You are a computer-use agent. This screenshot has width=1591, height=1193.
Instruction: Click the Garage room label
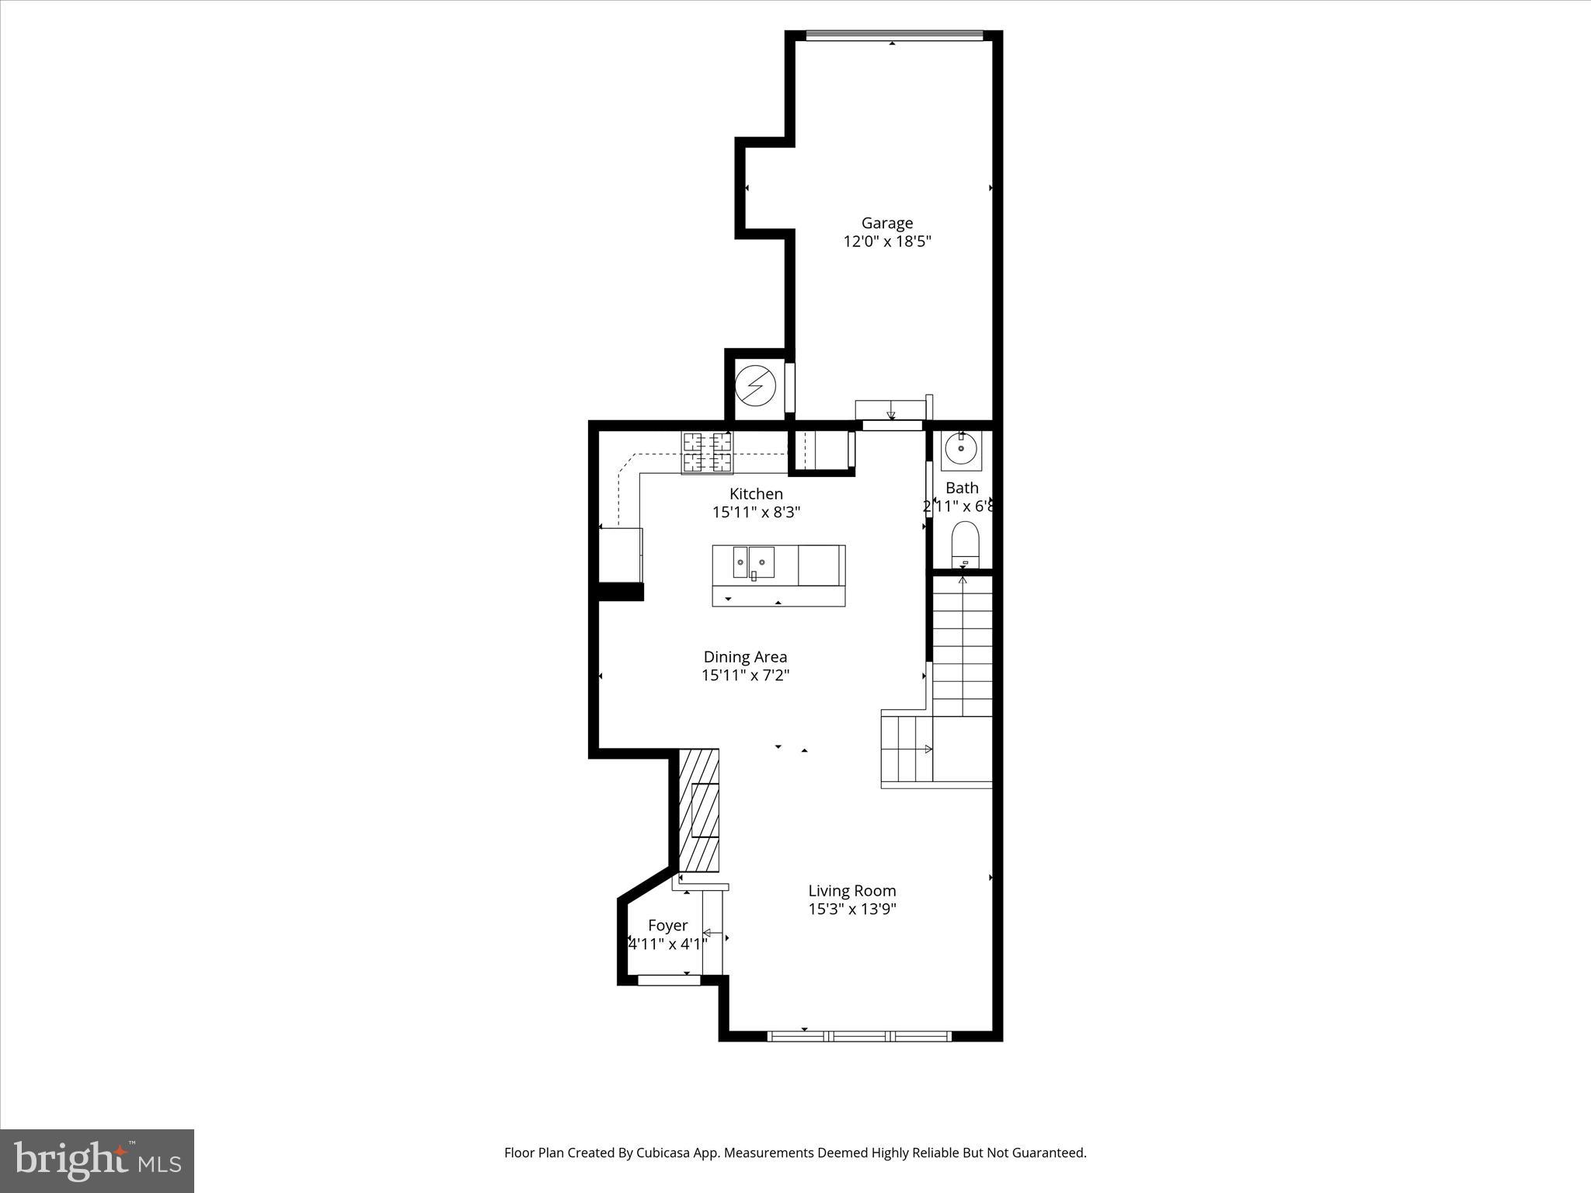tap(886, 223)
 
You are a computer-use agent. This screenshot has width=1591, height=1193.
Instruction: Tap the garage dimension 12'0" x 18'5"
tap(886, 242)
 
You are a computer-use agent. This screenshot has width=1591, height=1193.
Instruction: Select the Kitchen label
tap(756, 494)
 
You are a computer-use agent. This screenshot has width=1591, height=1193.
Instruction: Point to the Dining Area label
tap(745, 657)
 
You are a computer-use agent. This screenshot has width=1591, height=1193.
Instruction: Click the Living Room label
tap(851, 891)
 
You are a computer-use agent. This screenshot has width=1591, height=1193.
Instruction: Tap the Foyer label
tap(667, 926)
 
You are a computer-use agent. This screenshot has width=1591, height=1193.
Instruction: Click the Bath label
tap(962, 488)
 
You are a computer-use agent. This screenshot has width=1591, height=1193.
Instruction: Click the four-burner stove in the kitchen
tap(707, 453)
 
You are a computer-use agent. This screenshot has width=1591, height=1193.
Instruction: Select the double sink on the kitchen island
tap(754, 562)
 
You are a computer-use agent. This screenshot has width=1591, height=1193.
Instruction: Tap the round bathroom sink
tap(961, 450)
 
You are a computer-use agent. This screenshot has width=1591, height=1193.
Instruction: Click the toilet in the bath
tap(965, 543)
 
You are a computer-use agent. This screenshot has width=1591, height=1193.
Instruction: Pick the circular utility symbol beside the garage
tap(756, 386)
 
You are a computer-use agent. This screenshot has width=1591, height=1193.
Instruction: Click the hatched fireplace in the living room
tap(699, 810)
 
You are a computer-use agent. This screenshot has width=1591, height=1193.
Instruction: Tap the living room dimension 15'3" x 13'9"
tap(851, 910)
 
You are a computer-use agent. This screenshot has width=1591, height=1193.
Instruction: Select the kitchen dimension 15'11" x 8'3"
tap(756, 513)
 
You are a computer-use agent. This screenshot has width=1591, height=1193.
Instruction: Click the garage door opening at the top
tap(894, 35)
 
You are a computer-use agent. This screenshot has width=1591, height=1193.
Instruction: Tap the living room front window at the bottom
tap(859, 1035)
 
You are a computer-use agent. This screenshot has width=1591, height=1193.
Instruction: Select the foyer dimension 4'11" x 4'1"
tap(667, 944)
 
